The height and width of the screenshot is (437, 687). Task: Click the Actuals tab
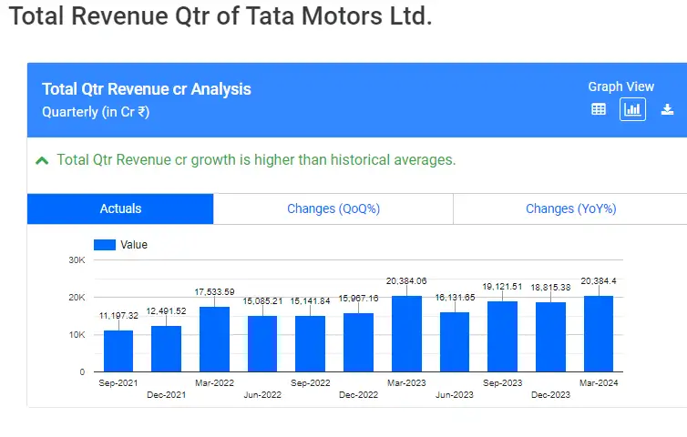tap(120, 208)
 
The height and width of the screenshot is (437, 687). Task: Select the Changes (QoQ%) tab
tap(333, 208)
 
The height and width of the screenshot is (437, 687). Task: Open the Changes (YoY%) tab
tap(570, 208)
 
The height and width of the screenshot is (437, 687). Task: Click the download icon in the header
tap(667, 109)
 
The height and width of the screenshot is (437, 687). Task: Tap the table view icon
tap(599, 109)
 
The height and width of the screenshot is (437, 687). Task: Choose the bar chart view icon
tap(632, 109)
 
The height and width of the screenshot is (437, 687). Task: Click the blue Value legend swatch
tap(105, 245)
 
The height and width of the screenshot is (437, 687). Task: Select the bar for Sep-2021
tap(118, 351)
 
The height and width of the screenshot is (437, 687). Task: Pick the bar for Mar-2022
tap(214, 339)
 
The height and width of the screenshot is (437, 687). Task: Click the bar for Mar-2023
tap(406, 333)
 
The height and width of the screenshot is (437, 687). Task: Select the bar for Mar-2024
tap(599, 333)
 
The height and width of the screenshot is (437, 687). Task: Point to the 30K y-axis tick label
tap(76, 260)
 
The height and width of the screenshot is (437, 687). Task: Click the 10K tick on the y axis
tap(76, 335)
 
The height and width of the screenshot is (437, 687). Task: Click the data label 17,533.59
tap(214, 291)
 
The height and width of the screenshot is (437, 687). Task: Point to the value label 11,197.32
tap(118, 315)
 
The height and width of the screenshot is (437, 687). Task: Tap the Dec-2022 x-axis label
tap(358, 395)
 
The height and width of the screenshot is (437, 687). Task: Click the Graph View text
tap(620, 86)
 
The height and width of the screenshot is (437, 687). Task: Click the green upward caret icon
tap(42, 160)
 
